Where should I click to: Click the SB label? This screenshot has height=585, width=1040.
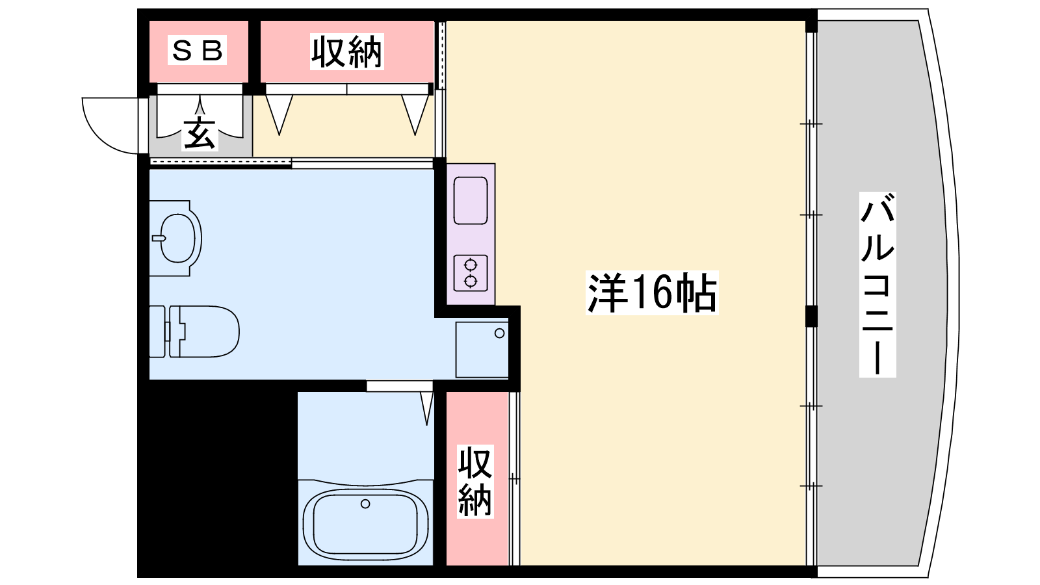click(x=197, y=49)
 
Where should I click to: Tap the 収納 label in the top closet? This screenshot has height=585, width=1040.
click(x=347, y=51)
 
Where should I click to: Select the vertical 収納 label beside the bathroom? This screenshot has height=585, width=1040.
click(x=475, y=481)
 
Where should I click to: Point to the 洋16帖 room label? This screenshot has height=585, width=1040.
click(x=652, y=293)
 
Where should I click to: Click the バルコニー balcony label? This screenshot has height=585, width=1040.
click(x=877, y=284)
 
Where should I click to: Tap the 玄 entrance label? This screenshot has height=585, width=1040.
click(x=200, y=134)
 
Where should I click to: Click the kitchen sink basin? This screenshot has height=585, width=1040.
click(x=471, y=201)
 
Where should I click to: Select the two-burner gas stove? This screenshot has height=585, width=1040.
click(x=471, y=273)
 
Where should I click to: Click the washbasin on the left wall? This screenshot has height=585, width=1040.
click(x=175, y=238)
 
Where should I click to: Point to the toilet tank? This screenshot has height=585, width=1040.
click(x=157, y=331)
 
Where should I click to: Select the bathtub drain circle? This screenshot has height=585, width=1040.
click(x=365, y=504)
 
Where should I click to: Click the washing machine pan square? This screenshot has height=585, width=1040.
click(x=482, y=350)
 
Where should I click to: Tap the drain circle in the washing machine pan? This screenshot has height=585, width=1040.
click(x=500, y=333)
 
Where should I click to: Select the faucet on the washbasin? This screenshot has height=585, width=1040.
click(x=159, y=239)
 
